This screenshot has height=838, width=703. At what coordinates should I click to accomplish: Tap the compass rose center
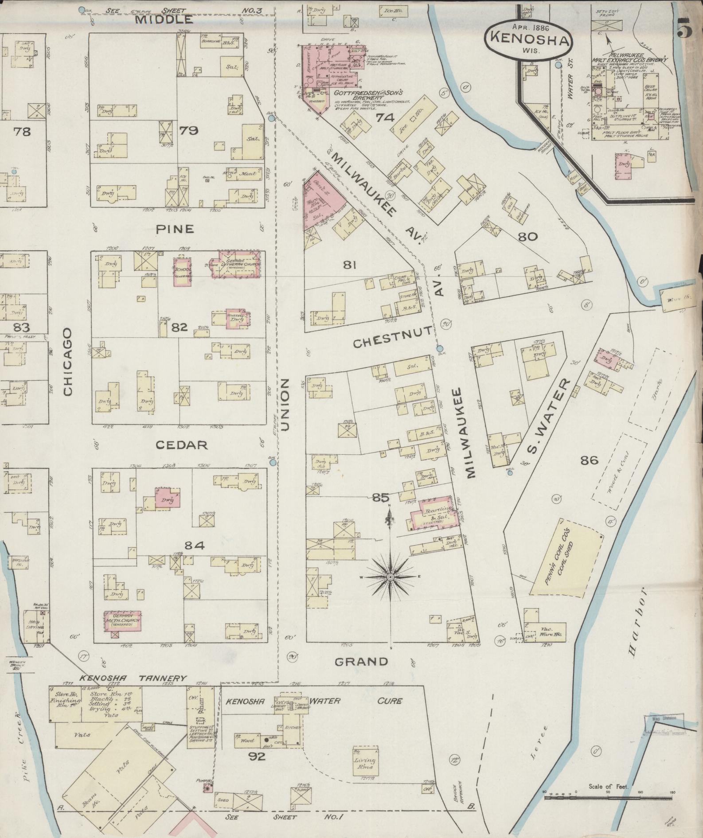[x=390, y=577]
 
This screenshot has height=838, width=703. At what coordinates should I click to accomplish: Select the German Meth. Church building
[x=123, y=622]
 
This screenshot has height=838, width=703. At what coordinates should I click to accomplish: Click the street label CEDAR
[x=188, y=444]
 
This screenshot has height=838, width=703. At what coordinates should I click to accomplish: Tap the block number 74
[x=385, y=117]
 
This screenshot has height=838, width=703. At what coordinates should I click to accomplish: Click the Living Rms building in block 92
[x=365, y=761]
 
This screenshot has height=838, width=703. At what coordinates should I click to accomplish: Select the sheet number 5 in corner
[x=685, y=29]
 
